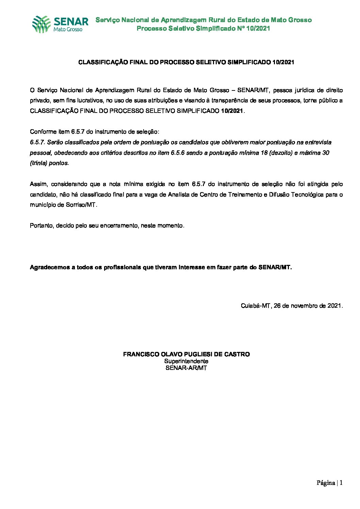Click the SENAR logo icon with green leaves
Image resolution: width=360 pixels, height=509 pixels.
42,24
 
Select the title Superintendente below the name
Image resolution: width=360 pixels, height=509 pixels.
186,361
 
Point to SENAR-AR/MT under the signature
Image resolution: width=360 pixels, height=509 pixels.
186,368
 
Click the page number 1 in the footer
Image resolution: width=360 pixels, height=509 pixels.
341,483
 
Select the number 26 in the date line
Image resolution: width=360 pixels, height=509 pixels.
277,306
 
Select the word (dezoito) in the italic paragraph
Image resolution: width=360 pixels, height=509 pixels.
281,153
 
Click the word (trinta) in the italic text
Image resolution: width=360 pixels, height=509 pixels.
39,163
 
